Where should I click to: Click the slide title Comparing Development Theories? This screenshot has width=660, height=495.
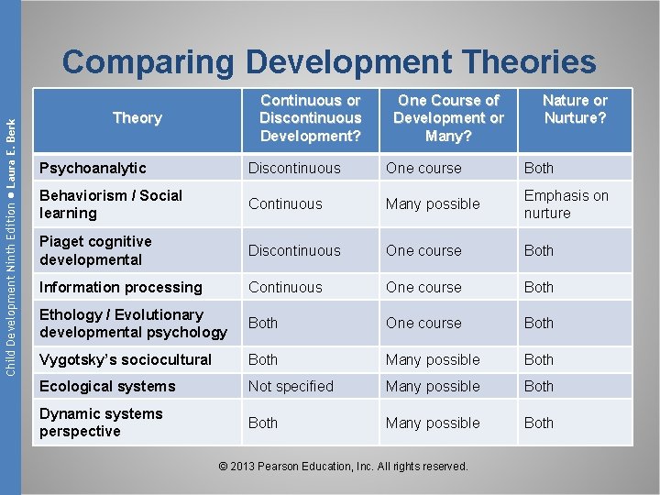tap(329, 62)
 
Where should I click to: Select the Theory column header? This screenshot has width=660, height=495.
tap(137, 118)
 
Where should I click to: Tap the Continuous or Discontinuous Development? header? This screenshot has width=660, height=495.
tap(310, 118)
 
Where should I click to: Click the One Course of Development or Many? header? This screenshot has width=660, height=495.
tap(448, 118)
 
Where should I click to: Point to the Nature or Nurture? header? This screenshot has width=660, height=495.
tap(575, 109)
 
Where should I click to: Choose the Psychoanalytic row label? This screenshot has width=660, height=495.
tap(93, 168)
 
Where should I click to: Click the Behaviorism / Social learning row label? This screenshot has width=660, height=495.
tap(111, 203)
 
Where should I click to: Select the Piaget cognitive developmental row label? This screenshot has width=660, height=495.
tap(95, 250)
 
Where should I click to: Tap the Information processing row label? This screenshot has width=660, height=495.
tap(120, 287)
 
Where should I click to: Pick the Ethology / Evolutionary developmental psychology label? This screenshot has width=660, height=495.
tap(133, 323)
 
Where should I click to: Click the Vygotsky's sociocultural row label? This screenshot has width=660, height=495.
tap(125, 359)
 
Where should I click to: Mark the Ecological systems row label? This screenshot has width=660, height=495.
tap(107, 386)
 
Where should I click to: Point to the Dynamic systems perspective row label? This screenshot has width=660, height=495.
tap(101, 423)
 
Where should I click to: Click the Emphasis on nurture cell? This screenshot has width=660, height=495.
tap(566, 203)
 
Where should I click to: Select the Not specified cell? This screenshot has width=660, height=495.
tap(291, 386)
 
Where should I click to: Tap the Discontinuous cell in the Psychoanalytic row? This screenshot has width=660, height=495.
tap(294, 168)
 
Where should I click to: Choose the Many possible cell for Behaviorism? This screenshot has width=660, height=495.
tap(433, 203)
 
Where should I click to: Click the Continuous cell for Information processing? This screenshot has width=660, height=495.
tap(285, 287)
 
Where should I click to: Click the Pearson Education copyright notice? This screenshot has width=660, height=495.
tap(344, 467)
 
